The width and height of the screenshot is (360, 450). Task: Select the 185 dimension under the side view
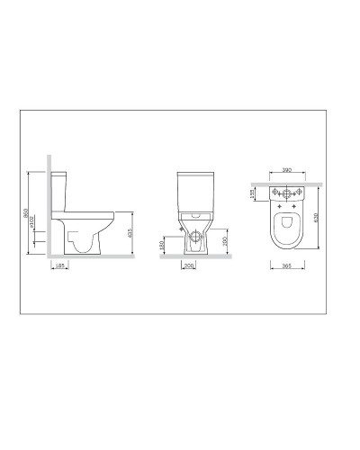coord(60,266)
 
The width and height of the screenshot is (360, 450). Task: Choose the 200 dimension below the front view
coord(190,266)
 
